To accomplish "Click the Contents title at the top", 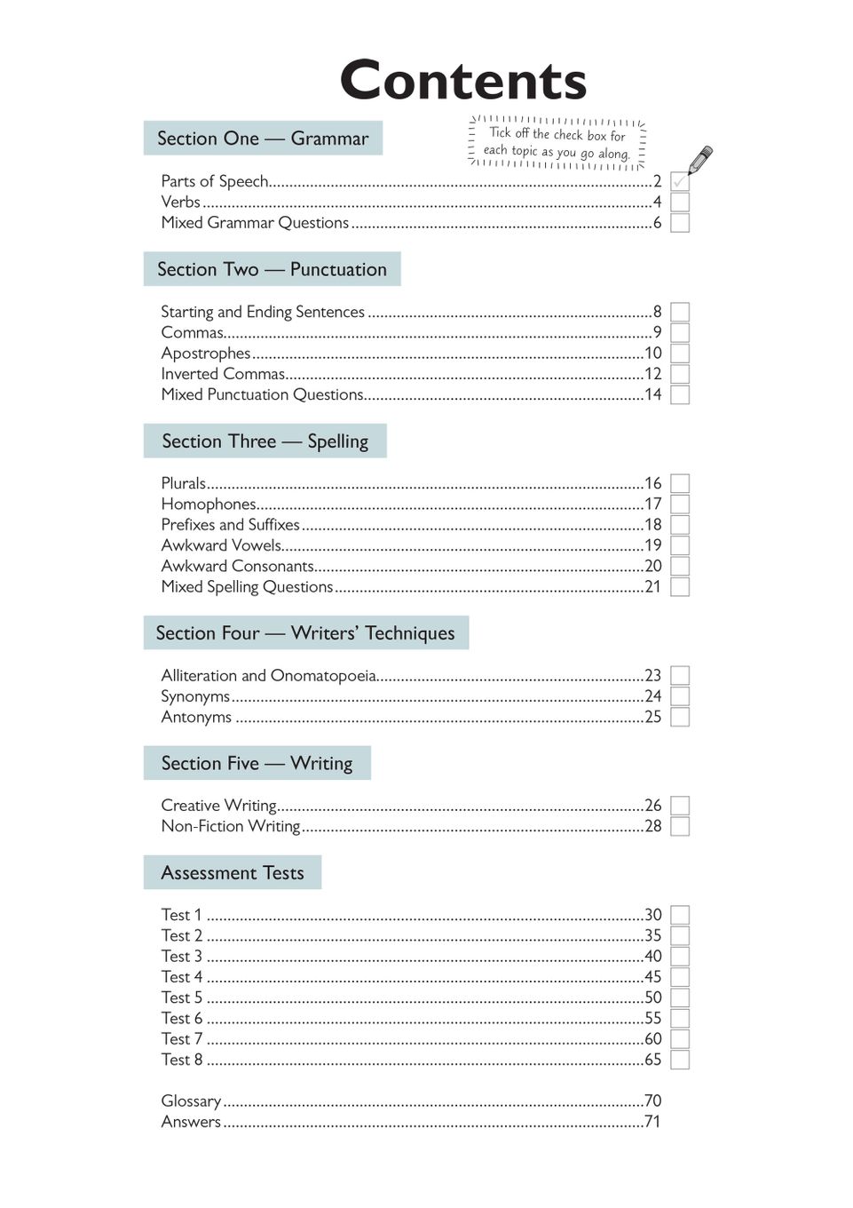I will click(x=462, y=81).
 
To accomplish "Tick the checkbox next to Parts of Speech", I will click(x=680, y=181).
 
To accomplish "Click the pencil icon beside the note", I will click(x=700, y=160).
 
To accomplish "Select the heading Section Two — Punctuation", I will click(x=272, y=269).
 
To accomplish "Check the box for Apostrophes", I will click(x=680, y=354).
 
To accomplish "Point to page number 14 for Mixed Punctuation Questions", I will click(x=653, y=394).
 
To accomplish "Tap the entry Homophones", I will click(x=209, y=504).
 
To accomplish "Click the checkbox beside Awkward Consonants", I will click(x=680, y=566).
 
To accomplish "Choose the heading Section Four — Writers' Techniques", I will click(x=305, y=633).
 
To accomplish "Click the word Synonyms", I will click(x=195, y=696).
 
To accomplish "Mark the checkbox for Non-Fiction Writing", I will click(x=680, y=826).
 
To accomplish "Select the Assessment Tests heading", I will click(x=233, y=873).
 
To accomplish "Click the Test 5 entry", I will click(x=182, y=997).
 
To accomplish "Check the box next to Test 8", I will click(x=680, y=1060).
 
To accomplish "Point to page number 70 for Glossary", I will click(x=653, y=1101).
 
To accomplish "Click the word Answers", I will click(x=191, y=1122).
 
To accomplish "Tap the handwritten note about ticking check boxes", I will click(x=557, y=143).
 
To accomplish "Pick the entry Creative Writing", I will click(x=219, y=806).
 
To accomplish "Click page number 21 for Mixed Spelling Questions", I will click(x=653, y=586).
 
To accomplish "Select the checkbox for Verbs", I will click(x=680, y=202).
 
